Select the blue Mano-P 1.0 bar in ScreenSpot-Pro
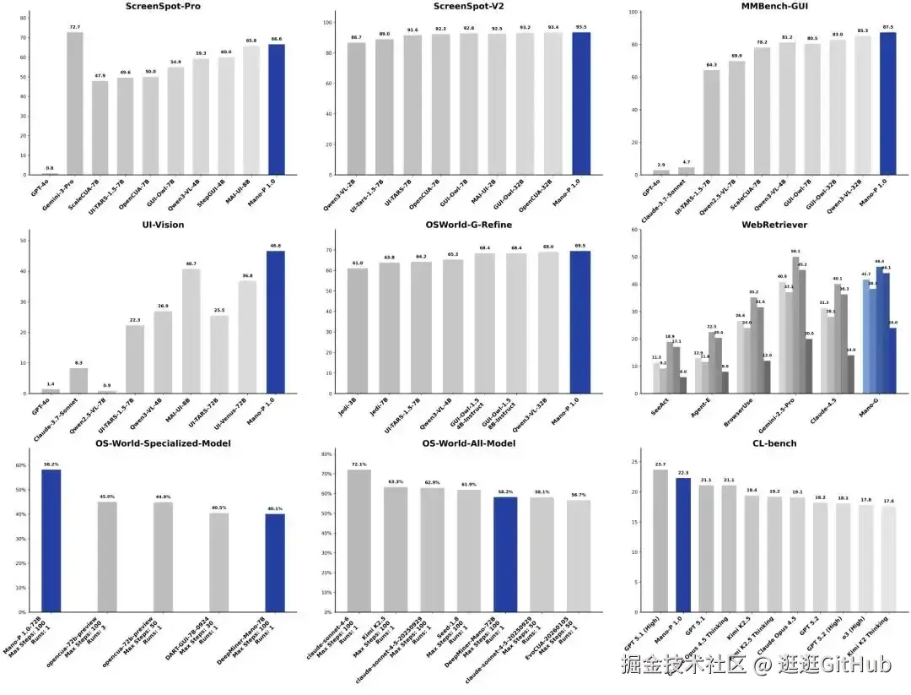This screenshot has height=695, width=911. coord(277,110)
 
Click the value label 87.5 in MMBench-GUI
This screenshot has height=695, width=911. coord(888,28)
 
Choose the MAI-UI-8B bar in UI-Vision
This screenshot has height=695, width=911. coord(191,330)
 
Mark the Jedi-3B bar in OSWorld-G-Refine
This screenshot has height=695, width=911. coord(358,330)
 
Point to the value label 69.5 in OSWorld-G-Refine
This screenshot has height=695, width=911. coord(580,246)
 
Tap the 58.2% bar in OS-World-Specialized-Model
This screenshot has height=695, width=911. coord(51,540)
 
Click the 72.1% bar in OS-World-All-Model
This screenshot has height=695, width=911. coord(358,540)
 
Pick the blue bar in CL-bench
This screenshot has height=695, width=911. coord(683,545)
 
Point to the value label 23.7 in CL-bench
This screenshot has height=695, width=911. coord(660,464)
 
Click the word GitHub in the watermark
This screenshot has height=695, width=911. coord(856,665)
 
